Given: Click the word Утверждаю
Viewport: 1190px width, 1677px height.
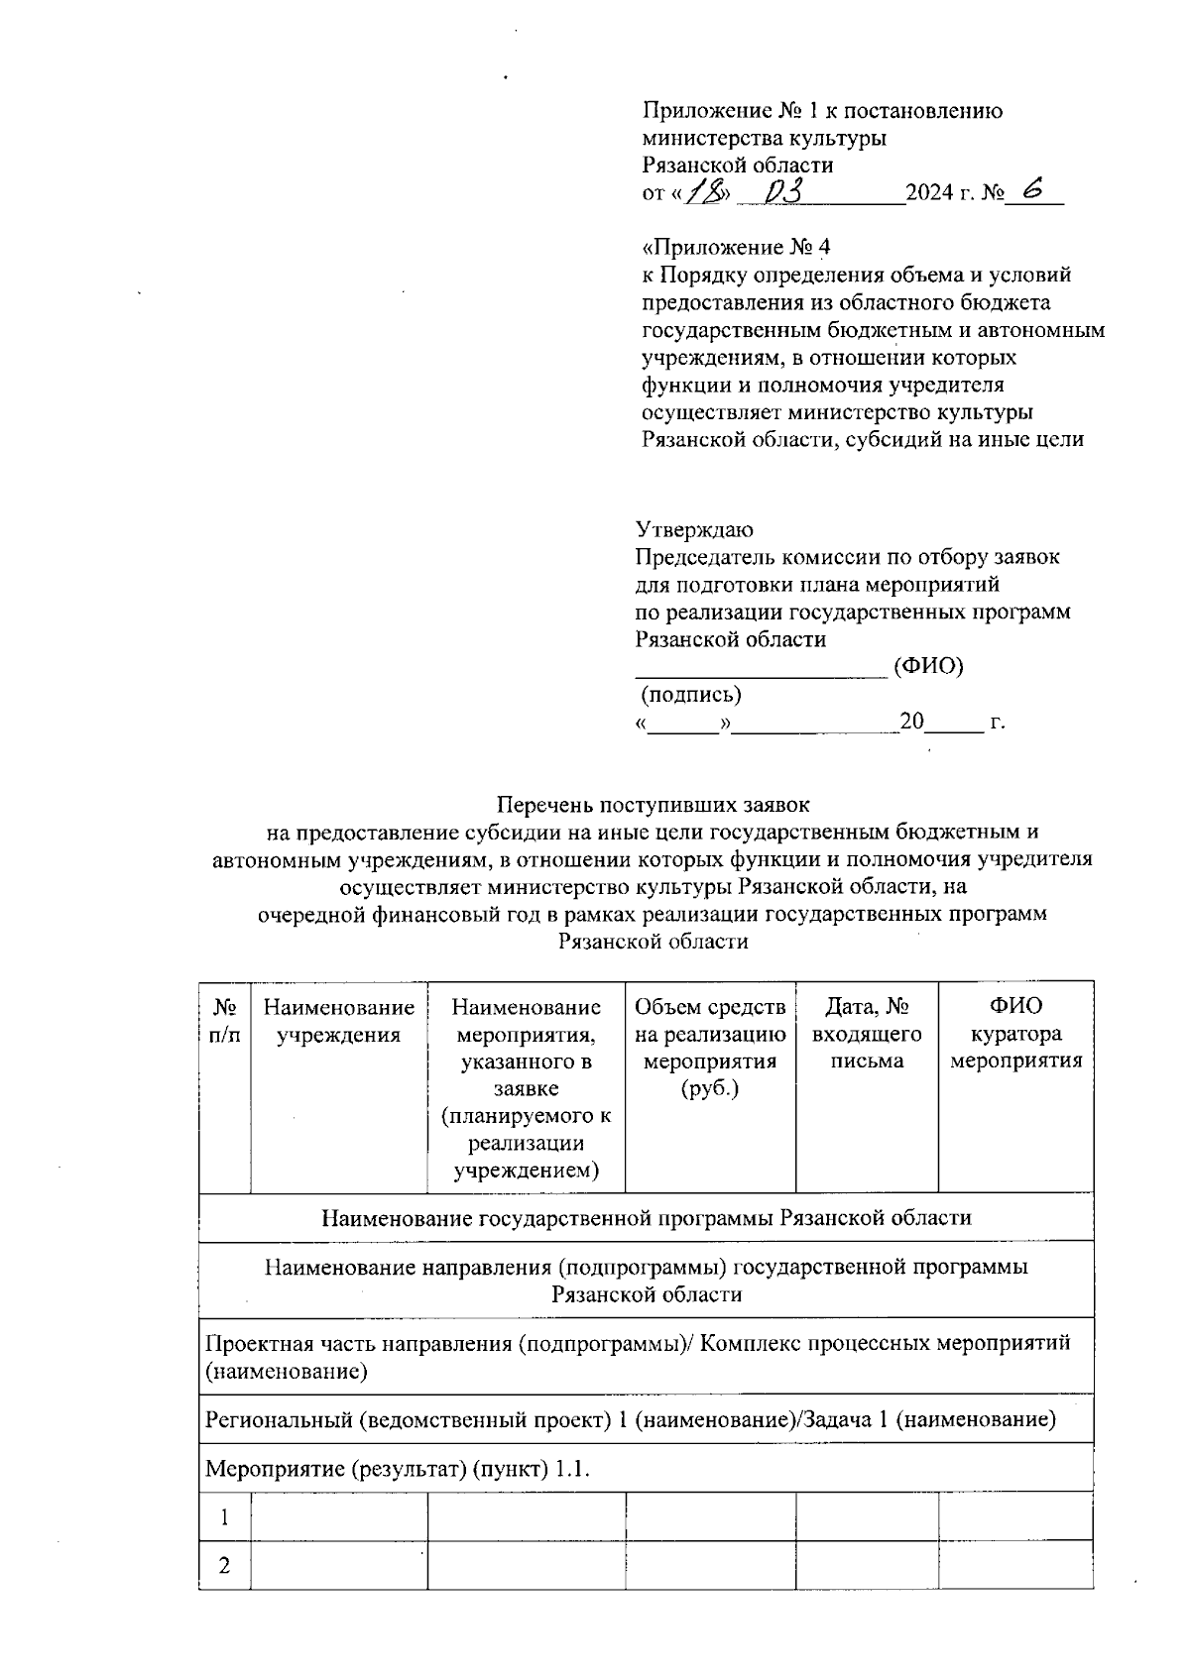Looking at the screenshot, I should click(x=693, y=529).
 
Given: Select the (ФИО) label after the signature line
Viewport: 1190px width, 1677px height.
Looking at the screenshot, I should click(x=928, y=666).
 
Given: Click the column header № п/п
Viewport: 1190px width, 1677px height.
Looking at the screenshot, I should click(x=225, y=1021).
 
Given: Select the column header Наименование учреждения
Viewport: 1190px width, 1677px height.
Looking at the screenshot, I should click(x=339, y=1021).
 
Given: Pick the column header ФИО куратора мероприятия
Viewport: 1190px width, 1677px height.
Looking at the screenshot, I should click(x=1015, y=1034).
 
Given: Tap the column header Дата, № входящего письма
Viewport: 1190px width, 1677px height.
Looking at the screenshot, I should click(x=867, y=1034).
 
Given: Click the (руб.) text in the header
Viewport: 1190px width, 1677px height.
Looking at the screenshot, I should click(x=710, y=1089).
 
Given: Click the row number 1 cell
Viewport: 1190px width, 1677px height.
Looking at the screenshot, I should click(x=225, y=1517).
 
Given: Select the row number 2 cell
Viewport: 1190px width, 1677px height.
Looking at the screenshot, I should click(x=225, y=1566).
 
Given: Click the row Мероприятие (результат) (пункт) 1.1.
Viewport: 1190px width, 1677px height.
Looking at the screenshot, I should click(x=398, y=1469).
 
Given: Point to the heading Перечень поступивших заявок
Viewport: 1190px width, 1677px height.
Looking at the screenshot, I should click(x=653, y=805).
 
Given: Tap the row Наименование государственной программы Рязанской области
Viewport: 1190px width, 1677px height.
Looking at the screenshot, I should click(x=646, y=1217).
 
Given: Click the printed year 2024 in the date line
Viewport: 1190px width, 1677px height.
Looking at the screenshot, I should click(x=928, y=193).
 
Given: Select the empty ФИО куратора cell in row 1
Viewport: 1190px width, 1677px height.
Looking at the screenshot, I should click(x=1015, y=1517).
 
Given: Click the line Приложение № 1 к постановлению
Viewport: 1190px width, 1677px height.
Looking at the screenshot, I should click(x=822, y=111).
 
